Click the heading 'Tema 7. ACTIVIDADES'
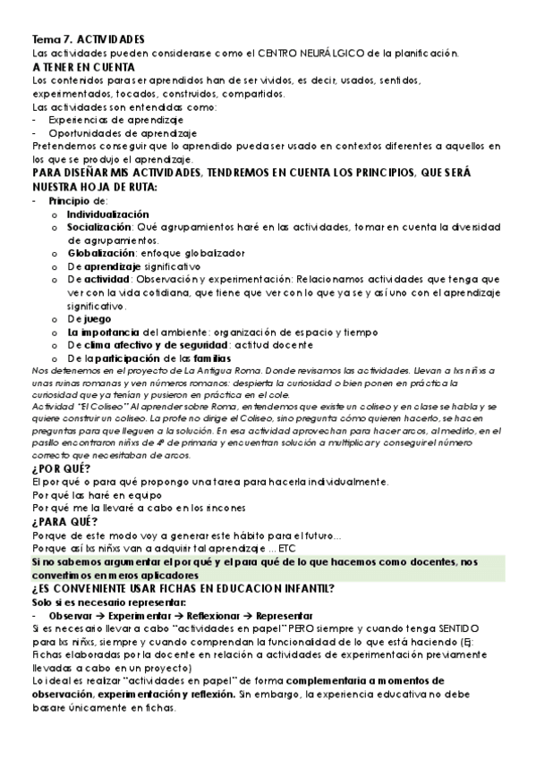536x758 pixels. pos(87,40)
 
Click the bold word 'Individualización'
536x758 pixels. pos(107,215)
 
